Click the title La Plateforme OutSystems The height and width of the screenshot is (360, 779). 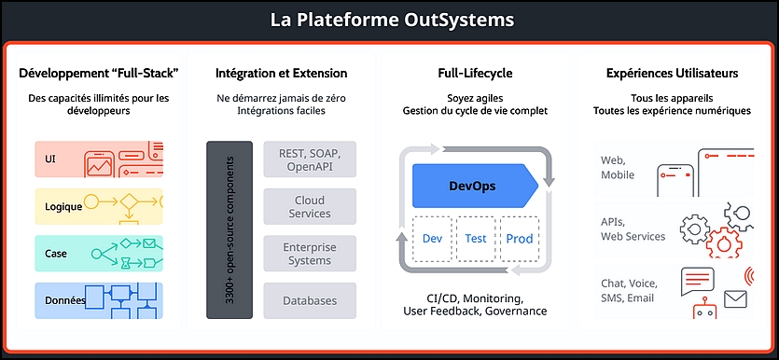coord(392,20)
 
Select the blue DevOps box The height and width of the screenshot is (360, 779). coord(476,186)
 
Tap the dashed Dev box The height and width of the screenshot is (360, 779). coord(432,239)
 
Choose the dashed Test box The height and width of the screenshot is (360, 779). coord(476,239)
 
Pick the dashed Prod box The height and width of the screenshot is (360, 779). coord(519,239)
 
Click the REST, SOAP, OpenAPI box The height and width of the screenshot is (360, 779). coord(310,159)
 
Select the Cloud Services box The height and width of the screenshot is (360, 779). coord(310,206)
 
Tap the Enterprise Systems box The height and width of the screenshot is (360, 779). coord(310,254)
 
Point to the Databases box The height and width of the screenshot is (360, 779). coord(310,301)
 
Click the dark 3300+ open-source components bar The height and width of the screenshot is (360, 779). coord(230,230)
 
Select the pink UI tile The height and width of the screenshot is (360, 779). coord(99,159)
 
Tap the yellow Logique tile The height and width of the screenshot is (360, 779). coord(99,206)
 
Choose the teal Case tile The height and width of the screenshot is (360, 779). coord(99,254)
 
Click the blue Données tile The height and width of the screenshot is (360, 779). coord(99,301)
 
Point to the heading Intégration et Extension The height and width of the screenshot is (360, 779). coord(281,74)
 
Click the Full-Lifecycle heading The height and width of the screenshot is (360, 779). coord(475,74)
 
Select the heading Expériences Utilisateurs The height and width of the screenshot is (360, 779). coord(673,74)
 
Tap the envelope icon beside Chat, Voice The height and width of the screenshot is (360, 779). coord(736,298)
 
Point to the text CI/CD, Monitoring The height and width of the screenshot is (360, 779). coord(475,299)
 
